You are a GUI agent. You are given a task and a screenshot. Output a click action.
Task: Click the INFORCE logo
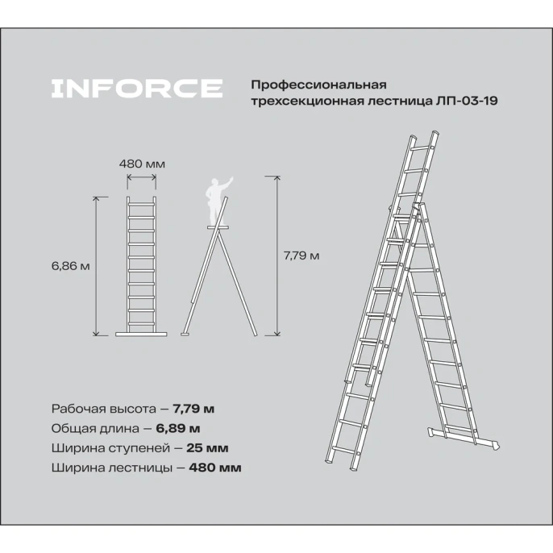(x=136, y=88)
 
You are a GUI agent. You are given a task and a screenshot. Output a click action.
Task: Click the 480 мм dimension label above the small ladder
(x=142, y=164)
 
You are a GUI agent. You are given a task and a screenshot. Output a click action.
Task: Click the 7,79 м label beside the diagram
(x=302, y=256)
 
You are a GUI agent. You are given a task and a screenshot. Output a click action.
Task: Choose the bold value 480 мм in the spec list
(x=215, y=467)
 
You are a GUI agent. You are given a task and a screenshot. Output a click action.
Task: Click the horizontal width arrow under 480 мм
(x=142, y=178)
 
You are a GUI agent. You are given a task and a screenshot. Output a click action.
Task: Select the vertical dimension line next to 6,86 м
(x=98, y=266)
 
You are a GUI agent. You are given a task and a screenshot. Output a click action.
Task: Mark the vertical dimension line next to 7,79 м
(x=277, y=256)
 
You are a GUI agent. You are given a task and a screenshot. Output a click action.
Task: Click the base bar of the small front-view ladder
(x=143, y=332)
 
